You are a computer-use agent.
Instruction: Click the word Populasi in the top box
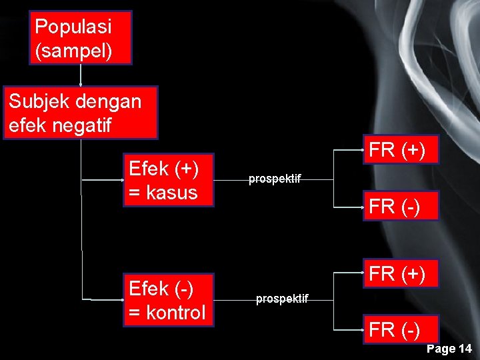coord(73,27)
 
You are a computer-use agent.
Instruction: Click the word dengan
coord(109,101)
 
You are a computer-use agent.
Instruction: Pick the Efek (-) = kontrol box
coord(167,300)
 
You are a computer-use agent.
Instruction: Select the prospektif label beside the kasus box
coord(275,179)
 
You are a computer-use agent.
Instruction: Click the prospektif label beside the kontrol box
coord(282,299)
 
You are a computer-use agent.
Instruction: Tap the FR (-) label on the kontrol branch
coord(393,329)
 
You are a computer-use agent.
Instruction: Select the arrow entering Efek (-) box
coord(100,300)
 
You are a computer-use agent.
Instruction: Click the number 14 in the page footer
coord(465,349)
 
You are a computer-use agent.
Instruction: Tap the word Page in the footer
coord(440,349)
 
